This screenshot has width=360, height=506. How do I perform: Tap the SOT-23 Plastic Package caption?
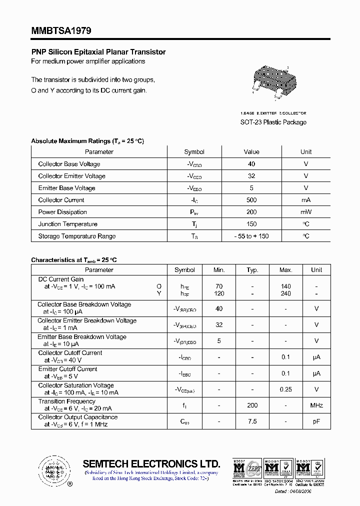click(273, 122)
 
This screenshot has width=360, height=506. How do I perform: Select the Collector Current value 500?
click(251, 200)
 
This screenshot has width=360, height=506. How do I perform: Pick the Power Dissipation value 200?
click(251, 212)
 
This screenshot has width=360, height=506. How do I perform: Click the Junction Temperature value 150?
click(251, 224)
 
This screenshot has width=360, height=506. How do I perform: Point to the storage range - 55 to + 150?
click(251, 236)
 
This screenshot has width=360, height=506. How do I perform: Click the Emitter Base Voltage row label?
click(66, 188)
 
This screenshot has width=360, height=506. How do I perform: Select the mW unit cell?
click(306, 212)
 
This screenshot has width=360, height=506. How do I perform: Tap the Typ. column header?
click(252, 270)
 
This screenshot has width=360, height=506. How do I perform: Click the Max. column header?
click(286, 270)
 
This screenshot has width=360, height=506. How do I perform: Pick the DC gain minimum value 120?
click(219, 294)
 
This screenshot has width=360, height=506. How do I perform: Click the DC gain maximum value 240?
click(286, 294)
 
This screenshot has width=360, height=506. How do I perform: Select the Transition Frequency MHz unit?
click(316, 405)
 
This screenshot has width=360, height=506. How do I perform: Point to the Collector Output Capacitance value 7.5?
click(252, 421)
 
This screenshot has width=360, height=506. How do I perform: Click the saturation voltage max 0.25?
click(286, 389)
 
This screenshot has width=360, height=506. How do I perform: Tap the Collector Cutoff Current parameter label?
click(70, 353)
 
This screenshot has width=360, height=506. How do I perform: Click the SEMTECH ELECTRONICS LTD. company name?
click(151, 463)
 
